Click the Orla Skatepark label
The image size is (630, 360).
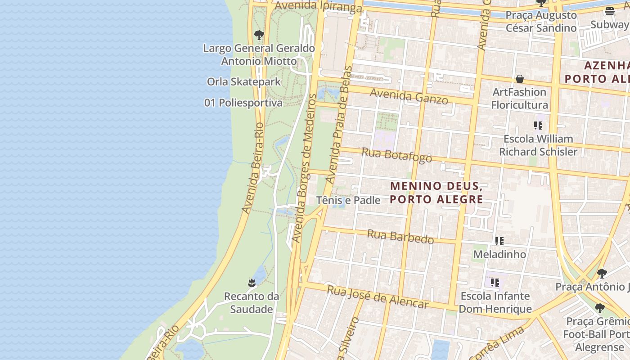pyautogui.click(x=243, y=82)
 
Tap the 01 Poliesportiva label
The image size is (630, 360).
pyautogui.click(x=243, y=103)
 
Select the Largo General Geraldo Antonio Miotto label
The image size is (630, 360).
pyautogui.click(x=259, y=54)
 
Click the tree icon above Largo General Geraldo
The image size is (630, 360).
pyautogui.click(x=259, y=35)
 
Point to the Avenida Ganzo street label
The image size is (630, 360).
pyautogui.click(x=409, y=96)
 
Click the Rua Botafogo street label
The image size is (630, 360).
pyautogui.click(x=396, y=154)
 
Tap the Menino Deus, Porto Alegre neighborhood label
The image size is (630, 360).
pyautogui.click(x=436, y=193)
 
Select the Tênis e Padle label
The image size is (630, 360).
pyautogui.click(x=348, y=200)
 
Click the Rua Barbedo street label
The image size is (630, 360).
pyautogui.click(x=400, y=236)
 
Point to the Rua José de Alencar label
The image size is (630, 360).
pyautogui.click(x=378, y=297)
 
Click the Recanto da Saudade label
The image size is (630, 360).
pyautogui.click(x=252, y=303)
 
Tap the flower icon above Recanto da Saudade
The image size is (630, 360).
pyautogui.click(x=252, y=283)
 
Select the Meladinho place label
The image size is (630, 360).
pyautogui.click(x=499, y=254)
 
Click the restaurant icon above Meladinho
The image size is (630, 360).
pyautogui.click(x=499, y=241)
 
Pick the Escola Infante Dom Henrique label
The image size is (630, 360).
pyautogui.click(x=495, y=302)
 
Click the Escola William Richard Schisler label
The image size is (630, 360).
pyautogui.click(x=538, y=145)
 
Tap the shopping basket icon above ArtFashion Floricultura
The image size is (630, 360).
pyautogui.click(x=520, y=79)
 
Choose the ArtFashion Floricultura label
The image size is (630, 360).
pyautogui.click(x=519, y=99)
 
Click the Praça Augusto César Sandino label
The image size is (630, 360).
pyautogui.click(x=541, y=22)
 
